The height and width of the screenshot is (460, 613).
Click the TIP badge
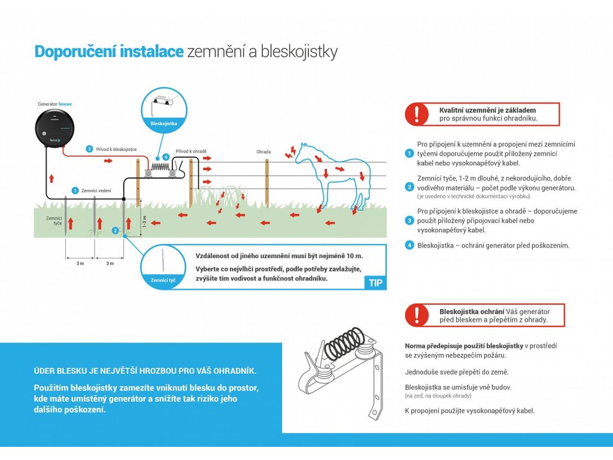tap(375, 283)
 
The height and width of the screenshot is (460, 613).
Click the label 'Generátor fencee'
tap(55, 104)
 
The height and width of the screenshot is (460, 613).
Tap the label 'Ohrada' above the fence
tap(263, 152)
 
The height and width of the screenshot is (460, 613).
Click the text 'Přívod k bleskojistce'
tap(117, 149)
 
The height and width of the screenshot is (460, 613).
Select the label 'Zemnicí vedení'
tap(96, 190)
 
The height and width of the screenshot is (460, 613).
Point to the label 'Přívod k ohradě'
tap(188, 152)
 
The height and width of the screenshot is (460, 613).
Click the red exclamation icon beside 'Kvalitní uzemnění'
tap(417, 114)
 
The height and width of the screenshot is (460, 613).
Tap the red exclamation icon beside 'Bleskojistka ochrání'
tap(417, 315)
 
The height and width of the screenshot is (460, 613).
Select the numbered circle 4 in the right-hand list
tap(409, 245)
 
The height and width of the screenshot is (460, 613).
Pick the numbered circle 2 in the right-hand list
tap(409, 187)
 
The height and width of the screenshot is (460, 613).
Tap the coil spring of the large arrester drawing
tap(342, 342)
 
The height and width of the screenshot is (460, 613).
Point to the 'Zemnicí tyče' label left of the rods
tap(54, 222)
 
